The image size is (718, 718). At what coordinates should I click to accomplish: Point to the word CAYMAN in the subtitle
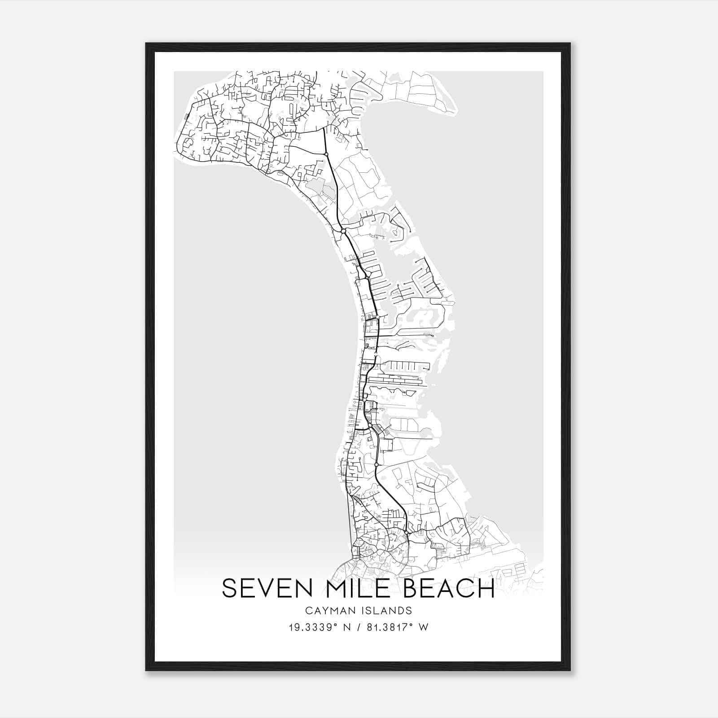point(327,610)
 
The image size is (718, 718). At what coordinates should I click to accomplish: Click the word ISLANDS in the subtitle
point(388,610)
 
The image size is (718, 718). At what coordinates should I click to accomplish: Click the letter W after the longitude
point(423,627)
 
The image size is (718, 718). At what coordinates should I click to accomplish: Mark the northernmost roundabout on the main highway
point(326,154)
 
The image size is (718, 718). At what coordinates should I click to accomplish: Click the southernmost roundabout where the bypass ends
point(406,533)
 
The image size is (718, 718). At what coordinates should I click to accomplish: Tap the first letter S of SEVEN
point(229,588)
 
